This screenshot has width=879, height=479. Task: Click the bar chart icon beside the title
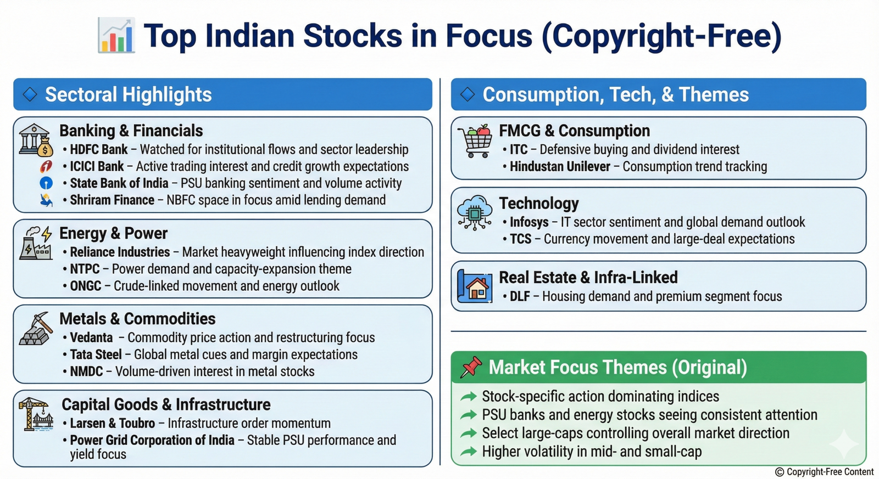click(116, 35)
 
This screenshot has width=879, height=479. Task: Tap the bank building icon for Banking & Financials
click(36, 140)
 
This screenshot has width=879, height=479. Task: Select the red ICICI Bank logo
click(46, 166)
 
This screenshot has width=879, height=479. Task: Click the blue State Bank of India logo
click(46, 183)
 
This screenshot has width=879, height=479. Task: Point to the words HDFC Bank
click(98, 149)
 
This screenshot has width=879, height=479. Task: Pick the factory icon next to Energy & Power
click(36, 243)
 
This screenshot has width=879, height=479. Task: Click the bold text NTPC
click(85, 269)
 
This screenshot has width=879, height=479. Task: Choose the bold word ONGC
click(86, 286)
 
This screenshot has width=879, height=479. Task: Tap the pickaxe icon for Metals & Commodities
click(36, 329)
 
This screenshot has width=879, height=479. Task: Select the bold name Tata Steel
click(96, 354)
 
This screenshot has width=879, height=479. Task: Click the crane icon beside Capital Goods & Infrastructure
click(36, 414)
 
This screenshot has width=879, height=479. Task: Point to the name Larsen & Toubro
click(112, 424)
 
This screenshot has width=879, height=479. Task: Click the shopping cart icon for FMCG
click(475, 140)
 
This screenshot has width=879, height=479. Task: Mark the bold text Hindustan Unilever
click(560, 167)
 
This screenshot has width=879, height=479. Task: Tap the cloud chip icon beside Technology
click(475, 212)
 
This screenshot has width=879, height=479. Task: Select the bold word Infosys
click(529, 222)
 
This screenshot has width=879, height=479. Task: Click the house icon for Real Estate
click(475, 286)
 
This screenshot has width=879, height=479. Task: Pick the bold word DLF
click(520, 296)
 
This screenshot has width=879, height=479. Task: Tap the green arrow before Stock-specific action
click(469, 397)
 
